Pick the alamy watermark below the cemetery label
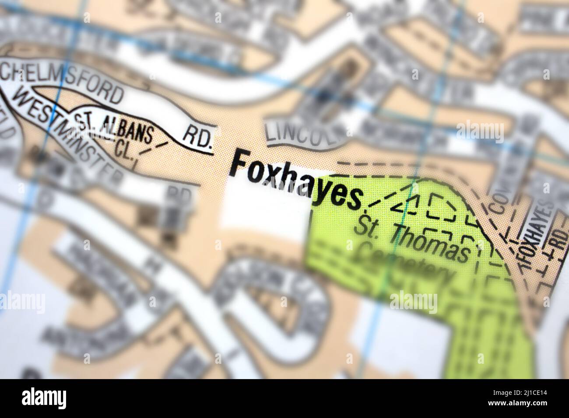coord(413,302)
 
